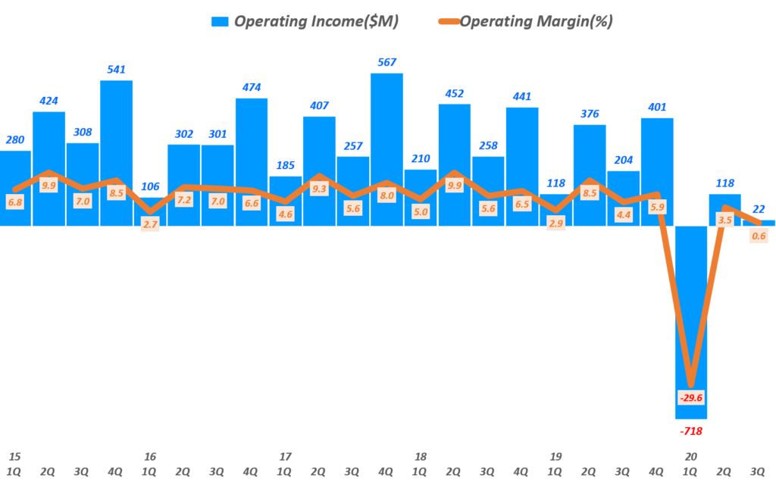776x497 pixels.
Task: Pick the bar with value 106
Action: pos(150,211)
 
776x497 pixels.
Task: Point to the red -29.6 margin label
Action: pos(691,398)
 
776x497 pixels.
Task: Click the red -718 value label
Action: pos(691,432)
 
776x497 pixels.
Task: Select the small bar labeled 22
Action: pos(759,223)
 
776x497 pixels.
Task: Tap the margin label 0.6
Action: pos(759,236)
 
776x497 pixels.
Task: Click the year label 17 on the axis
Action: pos(285,457)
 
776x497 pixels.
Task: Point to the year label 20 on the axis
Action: pos(690,457)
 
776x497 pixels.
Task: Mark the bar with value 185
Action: pos(285,201)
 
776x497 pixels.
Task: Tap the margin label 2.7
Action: pos(150,225)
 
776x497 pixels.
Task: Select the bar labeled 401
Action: pos(657,171)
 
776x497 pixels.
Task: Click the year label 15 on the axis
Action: pos(14,457)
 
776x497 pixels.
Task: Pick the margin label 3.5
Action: pos(724,220)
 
